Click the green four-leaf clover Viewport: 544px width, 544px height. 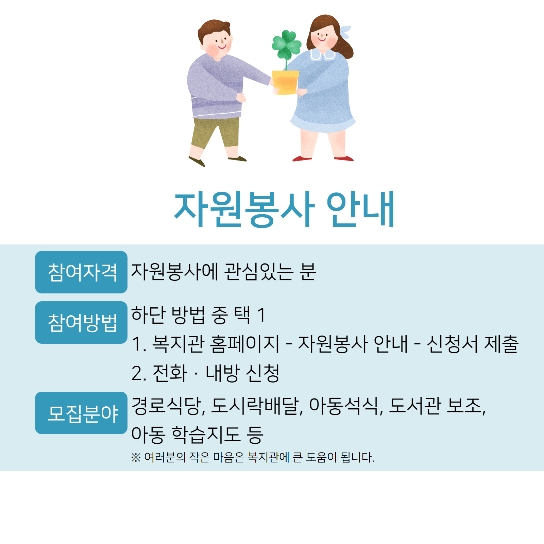point(286,44)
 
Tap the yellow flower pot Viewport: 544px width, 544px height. point(285,82)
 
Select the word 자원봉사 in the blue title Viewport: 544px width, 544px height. point(244,209)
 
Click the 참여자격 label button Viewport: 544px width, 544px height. point(81,272)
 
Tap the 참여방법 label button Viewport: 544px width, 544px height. point(81,322)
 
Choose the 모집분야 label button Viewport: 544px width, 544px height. point(81,413)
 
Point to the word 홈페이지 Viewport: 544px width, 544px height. point(244,344)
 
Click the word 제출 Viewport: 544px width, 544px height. point(501,344)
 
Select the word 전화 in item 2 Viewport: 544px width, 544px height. point(170,373)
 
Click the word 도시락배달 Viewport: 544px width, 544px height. point(255,406)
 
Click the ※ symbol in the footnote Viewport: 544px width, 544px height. point(136,458)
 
